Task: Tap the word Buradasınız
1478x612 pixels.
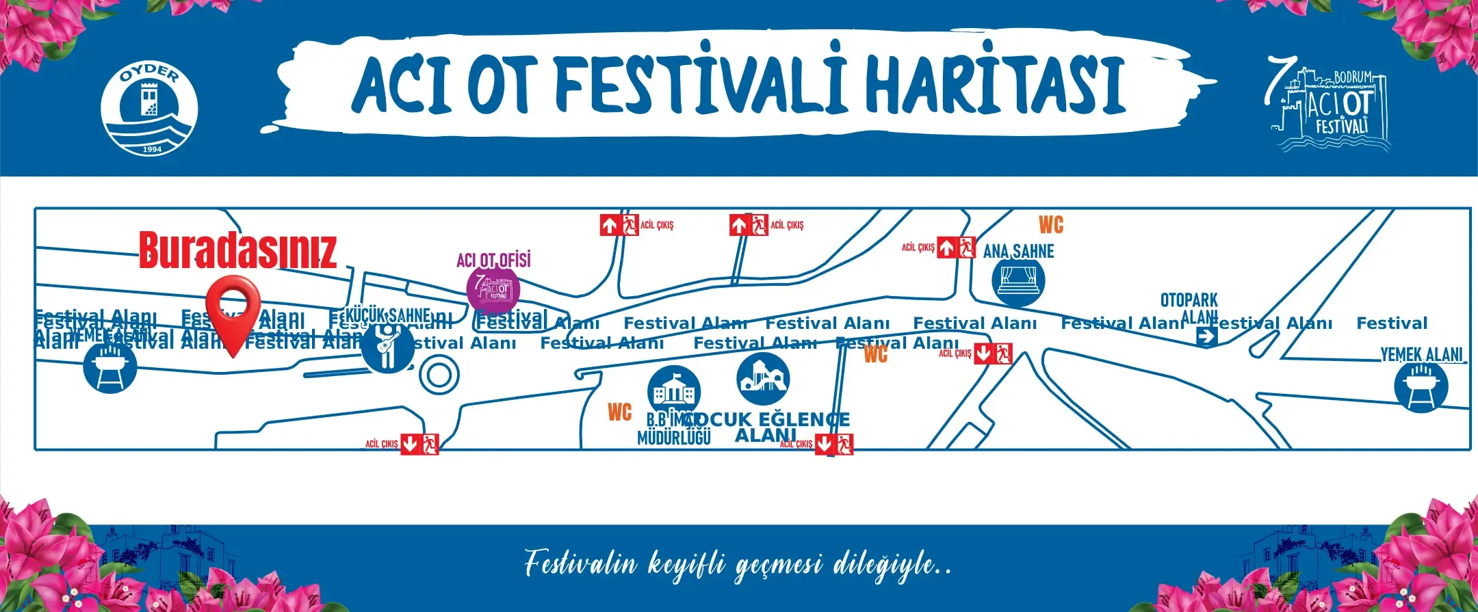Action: [237, 250]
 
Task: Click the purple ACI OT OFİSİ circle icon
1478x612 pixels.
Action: [493, 289]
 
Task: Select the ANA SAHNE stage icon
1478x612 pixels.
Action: [1018, 281]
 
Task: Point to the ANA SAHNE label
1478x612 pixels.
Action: [1018, 252]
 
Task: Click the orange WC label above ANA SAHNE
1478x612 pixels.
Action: [1051, 225]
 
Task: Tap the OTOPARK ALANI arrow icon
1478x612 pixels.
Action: [1207, 336]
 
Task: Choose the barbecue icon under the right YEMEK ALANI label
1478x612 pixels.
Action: [1421, 386]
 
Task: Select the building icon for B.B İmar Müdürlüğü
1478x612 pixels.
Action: [673, 391]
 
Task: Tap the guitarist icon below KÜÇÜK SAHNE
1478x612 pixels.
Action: [388, 347]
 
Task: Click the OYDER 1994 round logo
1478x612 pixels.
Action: [149, 109]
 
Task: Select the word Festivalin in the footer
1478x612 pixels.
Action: [580, 565]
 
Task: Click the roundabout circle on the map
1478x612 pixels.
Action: [439, 375]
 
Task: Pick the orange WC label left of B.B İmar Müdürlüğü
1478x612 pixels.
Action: [619, 412]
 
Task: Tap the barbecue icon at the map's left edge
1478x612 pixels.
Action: [109, 367]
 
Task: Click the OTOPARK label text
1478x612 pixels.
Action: [1189, 300]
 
